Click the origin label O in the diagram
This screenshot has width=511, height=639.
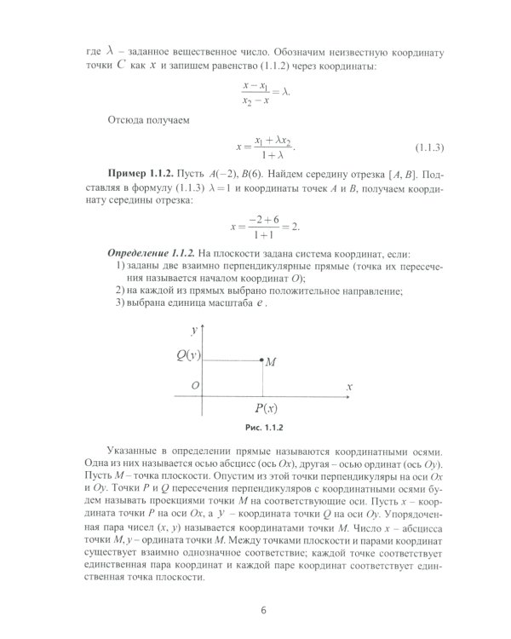pyautogui.click(x=196, y=386)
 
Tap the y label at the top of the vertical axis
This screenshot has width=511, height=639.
pyautogui.click(x=195, y=328)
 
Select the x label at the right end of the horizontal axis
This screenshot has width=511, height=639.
pyautogui.click(x=348, y=386)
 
